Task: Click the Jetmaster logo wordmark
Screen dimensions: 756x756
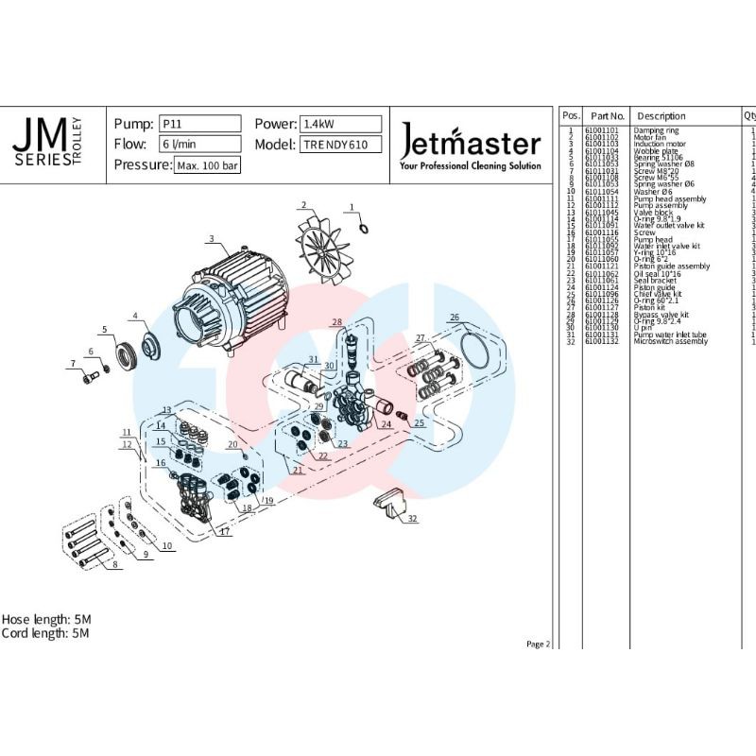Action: (471, 145)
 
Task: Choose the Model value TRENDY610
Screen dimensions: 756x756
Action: (340, 145)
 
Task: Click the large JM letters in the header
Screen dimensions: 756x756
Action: (38, 138)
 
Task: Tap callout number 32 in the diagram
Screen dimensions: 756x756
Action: (411, 519)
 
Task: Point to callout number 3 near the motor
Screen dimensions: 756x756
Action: (212, 238)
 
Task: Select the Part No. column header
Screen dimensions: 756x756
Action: (603, 115)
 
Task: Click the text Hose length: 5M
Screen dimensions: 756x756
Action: (45, 619)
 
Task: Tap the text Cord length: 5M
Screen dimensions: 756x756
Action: (44, 633)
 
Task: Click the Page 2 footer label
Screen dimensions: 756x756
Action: (537, 644)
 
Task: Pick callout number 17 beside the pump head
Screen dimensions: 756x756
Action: (224, 532)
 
